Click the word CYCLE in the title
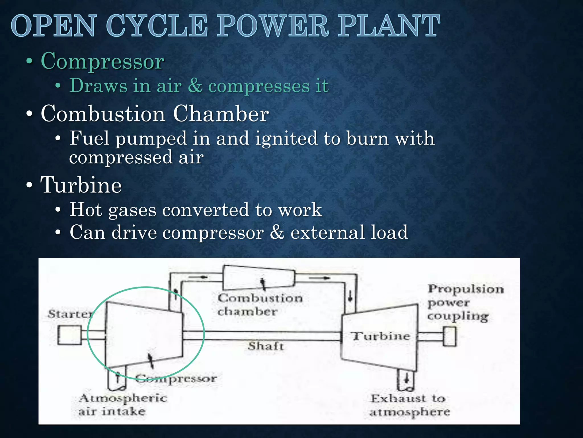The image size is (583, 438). click(157, 26)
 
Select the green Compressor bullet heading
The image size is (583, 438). click(102, 61)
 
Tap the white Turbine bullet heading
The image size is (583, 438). click(81, 185)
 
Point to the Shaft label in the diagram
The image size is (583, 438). click(266, 346)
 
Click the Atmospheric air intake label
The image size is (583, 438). click(122, 405)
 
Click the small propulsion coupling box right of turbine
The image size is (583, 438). click(449, 336)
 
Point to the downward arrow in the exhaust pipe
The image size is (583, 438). click(407, 378)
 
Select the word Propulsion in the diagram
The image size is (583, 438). click(466, 289)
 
